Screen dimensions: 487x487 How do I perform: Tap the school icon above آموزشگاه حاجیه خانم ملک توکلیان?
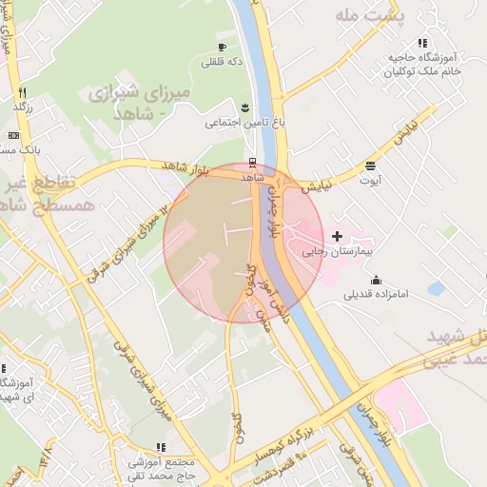tap(421, 43)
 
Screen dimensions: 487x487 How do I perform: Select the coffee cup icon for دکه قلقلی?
tap(222, 47)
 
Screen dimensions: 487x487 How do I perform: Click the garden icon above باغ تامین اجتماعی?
tap(245, 107)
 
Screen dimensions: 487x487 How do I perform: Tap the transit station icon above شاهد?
tap(251, 162)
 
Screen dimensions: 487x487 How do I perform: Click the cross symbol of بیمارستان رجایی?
tap(338, 236)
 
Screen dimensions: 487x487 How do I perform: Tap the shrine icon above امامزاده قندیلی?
tap(376, 280)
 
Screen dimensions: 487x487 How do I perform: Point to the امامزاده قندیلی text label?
tap(376, 295)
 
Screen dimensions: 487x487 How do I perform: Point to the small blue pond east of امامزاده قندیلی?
tap(437, 287)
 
